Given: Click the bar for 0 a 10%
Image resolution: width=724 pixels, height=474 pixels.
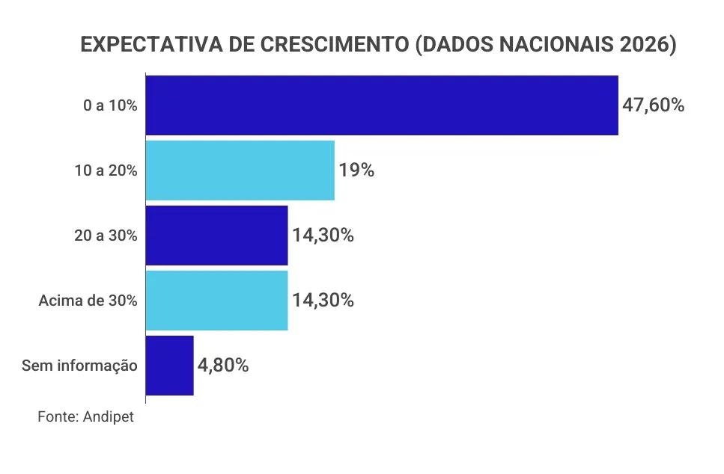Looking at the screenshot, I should coord(382,105).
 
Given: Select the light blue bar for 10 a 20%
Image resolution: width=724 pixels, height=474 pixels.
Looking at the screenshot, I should coord(240,170).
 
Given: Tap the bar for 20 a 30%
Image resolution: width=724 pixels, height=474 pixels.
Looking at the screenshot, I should coord(216,236).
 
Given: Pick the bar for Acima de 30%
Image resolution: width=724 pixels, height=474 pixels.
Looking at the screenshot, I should coord(216,301).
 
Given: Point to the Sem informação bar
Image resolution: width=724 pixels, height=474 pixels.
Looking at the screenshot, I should coord(170,366).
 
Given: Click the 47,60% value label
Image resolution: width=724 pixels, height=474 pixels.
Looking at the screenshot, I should coord(653,105).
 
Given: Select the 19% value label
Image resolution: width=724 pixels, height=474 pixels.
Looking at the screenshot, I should coord(356,170).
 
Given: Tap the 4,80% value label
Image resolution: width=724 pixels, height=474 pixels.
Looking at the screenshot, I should coord(223,366).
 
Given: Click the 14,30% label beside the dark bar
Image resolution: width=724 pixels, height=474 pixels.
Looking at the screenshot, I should coord(323,236).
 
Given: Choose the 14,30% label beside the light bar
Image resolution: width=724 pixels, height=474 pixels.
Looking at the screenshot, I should coord(323,301).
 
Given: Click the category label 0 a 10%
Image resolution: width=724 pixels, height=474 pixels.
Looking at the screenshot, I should coord(110,106).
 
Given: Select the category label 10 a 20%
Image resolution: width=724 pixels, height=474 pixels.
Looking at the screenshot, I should coord(106,171).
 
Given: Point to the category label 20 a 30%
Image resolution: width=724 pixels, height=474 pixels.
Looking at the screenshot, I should coord(106,236).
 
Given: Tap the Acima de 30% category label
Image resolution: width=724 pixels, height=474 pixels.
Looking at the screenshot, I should coord(88,301).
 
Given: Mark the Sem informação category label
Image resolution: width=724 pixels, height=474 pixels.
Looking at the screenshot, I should coord(79,366).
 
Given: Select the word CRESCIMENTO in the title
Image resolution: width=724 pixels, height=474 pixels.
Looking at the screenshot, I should coord(332,46).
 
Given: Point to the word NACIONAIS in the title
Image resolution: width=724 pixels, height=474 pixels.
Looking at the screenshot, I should coord(551,46).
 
